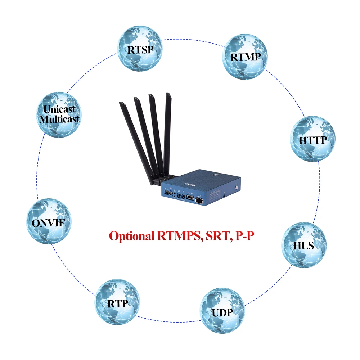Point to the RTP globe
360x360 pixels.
click(x=117, y=303)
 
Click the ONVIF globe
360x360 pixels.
click(x=49, y=222)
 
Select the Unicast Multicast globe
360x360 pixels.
click(x=60, y=114)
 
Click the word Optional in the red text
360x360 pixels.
click(x=132, y=236)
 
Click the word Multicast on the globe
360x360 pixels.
click(x=60, y=119)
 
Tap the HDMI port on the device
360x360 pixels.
click(x=190, y=198)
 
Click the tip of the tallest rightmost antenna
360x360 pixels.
click(x=167, y=95)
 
